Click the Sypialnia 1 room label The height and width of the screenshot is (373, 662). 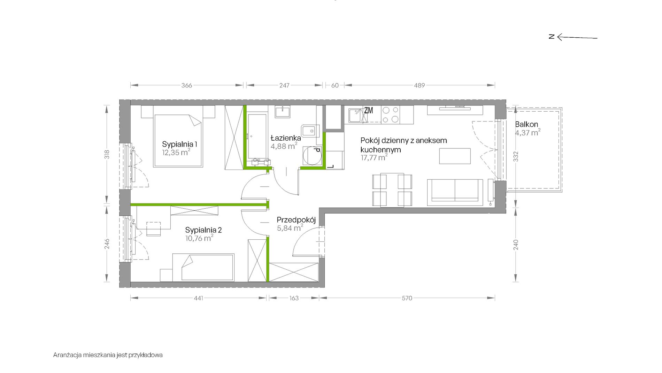point(180,144)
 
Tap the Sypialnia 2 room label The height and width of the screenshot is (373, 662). point(203,230)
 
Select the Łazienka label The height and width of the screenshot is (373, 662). point(286,137)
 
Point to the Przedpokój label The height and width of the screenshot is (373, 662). point(296,220)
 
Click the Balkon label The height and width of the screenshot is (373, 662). point(526,124)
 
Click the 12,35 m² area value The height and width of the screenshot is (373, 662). point(176,152)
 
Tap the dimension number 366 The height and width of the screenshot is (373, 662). point(187,85)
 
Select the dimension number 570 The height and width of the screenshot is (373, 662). point(407,298)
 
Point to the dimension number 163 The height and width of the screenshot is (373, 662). point(294,298)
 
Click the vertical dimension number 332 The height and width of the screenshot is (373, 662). point(516,156)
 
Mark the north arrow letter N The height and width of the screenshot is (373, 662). point(552,37)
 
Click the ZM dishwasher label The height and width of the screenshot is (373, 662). point(368,111)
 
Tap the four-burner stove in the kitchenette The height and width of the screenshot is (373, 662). point(390,114)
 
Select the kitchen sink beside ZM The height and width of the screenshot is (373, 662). point(356,115)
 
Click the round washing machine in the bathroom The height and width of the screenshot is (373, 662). point(312,156)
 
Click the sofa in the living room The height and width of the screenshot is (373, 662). point(455,191)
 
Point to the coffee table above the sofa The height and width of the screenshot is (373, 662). point(455,156)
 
